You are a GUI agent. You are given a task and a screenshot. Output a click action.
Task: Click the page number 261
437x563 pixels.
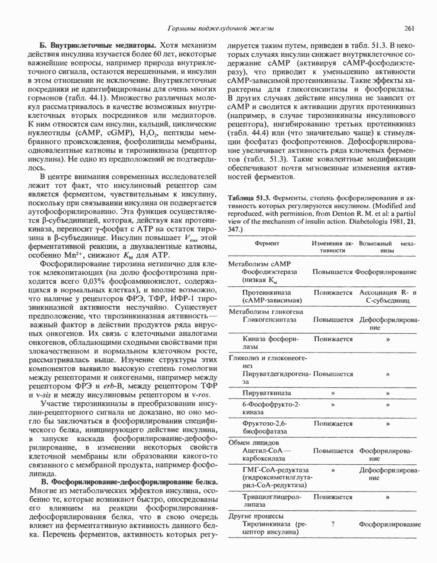[x=409, y=29]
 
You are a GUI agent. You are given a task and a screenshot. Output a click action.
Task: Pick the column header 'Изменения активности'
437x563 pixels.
[x=332, y=247]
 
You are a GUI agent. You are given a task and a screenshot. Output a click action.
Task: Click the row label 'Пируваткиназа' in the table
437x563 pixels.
[x=267, y=393]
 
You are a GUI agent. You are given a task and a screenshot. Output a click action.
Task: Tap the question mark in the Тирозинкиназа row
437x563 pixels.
[x=332, y=524]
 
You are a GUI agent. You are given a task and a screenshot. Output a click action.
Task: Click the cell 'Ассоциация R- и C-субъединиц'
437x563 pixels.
[x=387, y=296]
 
